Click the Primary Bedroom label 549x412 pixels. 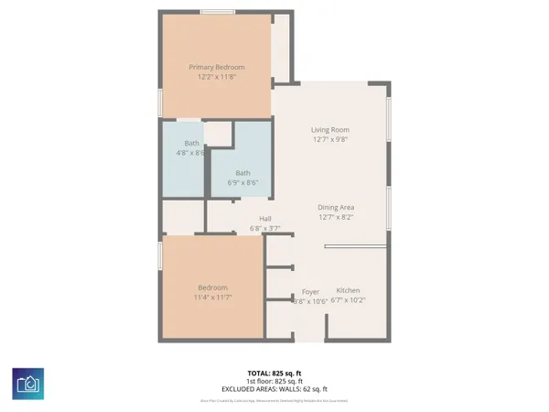click(216, 67)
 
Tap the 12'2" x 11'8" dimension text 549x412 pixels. click(216, 77)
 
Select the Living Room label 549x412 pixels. click(330, 130)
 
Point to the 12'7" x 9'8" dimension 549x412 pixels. click(330, 140)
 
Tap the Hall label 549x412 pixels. click(265, 218)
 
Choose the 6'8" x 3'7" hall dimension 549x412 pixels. click(265, 228)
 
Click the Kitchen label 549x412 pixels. click(348, 290)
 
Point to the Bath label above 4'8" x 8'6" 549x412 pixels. click(191, 144)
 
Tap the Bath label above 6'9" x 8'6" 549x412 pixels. click(242, 173)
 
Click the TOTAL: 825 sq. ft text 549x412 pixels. click(274, 374)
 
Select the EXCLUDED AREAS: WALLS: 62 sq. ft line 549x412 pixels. click(274, 390)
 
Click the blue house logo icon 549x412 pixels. click(27, 384)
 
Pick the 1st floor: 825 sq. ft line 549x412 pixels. click(274, 382)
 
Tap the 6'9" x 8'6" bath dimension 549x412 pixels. click(242, 183)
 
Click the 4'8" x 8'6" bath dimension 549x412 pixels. click(191, 154)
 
